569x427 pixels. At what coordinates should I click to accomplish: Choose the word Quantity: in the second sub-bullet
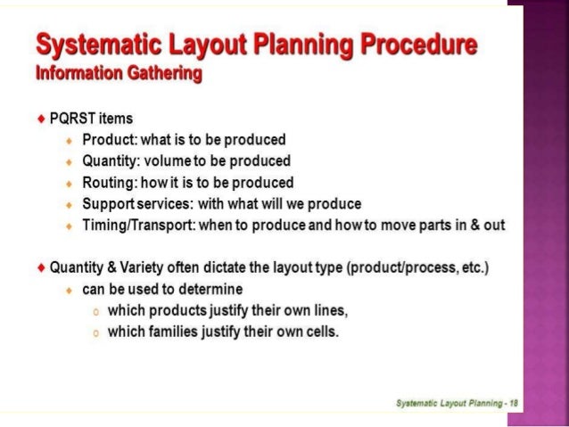(113, 161)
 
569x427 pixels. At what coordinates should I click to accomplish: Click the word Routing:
(110, 182)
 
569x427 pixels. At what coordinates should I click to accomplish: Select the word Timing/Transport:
(138, 225)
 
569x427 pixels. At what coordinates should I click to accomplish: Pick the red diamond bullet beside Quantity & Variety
(41, 267)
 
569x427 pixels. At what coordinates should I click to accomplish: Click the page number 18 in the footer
(513, 403)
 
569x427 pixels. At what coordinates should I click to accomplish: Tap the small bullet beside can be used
(69, 290)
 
